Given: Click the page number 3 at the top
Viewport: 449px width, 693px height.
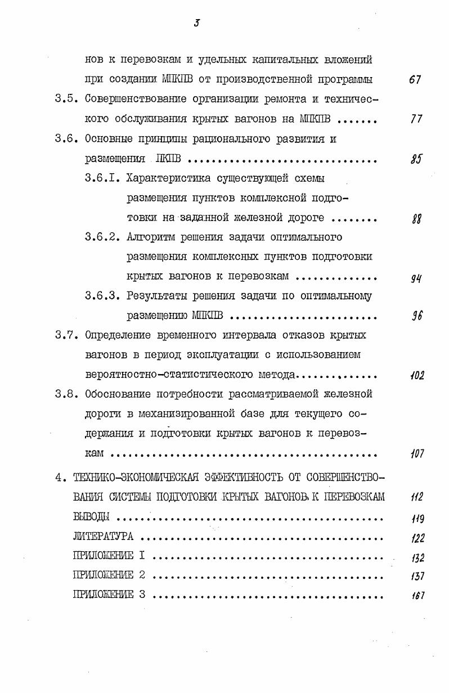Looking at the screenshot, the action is tap(197, 23).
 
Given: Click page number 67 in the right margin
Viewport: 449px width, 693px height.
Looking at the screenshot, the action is tap(416, 80).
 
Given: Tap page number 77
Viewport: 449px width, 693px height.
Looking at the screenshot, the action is tap(416, 120).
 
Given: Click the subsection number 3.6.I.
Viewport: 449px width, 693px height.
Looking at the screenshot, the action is tap(102, 179).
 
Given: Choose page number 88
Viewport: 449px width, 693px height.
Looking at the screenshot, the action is tap(417, 219).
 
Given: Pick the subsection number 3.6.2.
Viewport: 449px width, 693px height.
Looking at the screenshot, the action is tap(102, 237).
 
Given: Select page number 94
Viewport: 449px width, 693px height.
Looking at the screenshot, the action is tap(417, 277).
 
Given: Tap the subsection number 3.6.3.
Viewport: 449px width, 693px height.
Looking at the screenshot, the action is tap(102, 296).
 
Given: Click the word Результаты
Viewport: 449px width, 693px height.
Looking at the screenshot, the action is tap(156, 296).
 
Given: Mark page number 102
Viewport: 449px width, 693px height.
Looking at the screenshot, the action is tap(417, 375).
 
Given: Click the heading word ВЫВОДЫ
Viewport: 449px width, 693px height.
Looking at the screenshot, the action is tap(92, 518).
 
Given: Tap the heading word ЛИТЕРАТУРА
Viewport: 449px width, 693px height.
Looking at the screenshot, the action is tap(103, 537).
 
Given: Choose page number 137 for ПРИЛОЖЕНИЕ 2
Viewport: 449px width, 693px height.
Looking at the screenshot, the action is tap(417, 577).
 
